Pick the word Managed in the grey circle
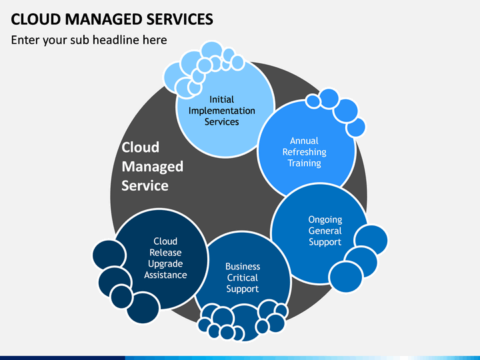click(x=153, y=167)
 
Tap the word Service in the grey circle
click(x=145, y=185)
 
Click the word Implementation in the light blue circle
click(x=221, y=111)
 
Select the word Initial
click(x=221, y=99)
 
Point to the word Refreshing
click(x=304, y=152)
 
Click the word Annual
click(x=304, y=141)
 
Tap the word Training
click(x=304, y=163)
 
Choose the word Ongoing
click(x=325, y=220)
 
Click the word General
click(x=325, y=231)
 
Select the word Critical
click(x=243, y=278)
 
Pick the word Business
click(x=243, y=267)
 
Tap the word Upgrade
click(x=165, y=264)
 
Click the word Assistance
click(x=165, y=275)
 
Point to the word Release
click(x=165, y=253)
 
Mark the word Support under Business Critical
click(x=243, y=289)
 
